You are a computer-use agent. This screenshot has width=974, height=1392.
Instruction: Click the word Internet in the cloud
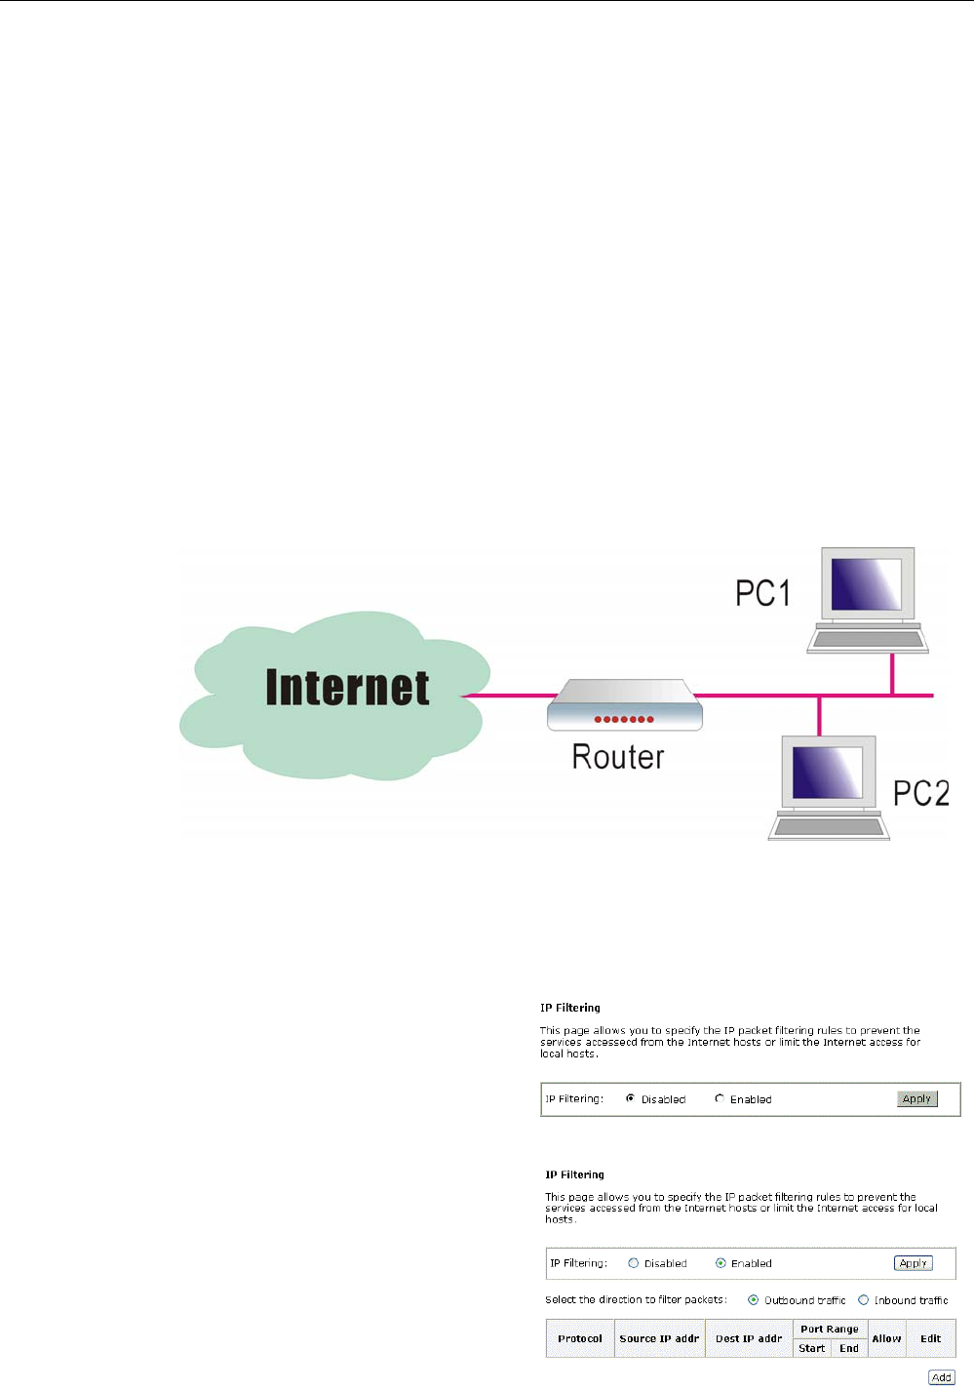[x=347, y=688]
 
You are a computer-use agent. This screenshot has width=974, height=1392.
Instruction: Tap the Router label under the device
[x=618, y=757]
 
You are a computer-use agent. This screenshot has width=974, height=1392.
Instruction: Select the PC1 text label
[x=762, y=593]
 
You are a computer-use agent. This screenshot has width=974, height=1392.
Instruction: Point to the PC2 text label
[x=921, y=793]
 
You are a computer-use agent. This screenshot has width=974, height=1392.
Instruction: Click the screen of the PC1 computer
[x=867, y=584]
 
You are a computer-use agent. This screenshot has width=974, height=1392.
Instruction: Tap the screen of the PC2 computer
[x=827, y=773]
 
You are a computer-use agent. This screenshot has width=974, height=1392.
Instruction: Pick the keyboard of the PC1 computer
[x=868, y=641]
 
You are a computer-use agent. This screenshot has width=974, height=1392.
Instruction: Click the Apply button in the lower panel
[x=913, y=1263]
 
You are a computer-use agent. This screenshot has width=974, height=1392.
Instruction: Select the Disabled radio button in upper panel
[x=631, y=1098]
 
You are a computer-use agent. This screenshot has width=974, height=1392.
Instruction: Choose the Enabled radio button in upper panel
[x=720, y=1098]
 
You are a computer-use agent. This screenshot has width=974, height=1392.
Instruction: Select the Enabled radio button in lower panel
[x=721, y=1263]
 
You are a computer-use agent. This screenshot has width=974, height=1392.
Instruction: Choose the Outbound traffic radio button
[x=754, y=1299]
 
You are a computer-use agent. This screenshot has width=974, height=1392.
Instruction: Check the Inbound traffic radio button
[x=863, y=1299]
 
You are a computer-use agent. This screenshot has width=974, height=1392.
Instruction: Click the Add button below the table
[x=941, y=1377]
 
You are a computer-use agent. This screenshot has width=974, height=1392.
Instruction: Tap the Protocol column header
[x=580, y=1338]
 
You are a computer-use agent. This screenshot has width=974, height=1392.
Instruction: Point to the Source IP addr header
[x=659, y=1338]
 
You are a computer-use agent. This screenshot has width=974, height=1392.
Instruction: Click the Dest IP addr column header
[x=749, y=1338]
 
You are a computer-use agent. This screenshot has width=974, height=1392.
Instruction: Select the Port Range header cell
[x=830, y=1329]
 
